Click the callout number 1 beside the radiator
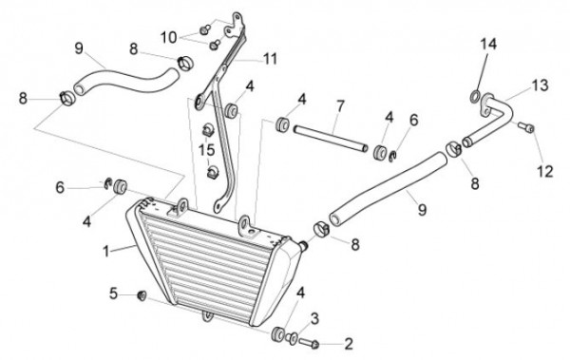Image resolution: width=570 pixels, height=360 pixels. pos(105,251)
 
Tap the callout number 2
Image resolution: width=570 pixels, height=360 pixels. pos(349,344)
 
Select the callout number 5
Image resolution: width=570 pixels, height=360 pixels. pos(113,294)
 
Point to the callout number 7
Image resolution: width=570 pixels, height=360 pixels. pos(340,106)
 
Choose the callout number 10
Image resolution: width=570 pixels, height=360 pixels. pos(169,37)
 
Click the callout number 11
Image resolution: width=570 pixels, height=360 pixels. pos(270,59)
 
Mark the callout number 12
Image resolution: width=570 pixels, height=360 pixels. pos(545,171)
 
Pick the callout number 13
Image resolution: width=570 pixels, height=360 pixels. pos(541,85)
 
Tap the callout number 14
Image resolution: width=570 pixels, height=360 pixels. pos(488,44)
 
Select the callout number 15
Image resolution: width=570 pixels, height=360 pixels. pos(206,149)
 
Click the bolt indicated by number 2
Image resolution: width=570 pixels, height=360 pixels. pos(309,343)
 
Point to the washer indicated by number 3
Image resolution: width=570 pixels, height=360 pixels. pos(292,338)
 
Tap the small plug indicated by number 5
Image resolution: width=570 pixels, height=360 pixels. pos(141,295)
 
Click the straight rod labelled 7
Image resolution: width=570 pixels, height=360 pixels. pos(331,139)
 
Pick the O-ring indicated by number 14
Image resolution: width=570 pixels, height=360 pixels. pos(475,97)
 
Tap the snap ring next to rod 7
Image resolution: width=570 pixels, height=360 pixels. pos(392,157)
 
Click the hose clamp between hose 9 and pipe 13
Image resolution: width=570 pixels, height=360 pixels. pos(454,149)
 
